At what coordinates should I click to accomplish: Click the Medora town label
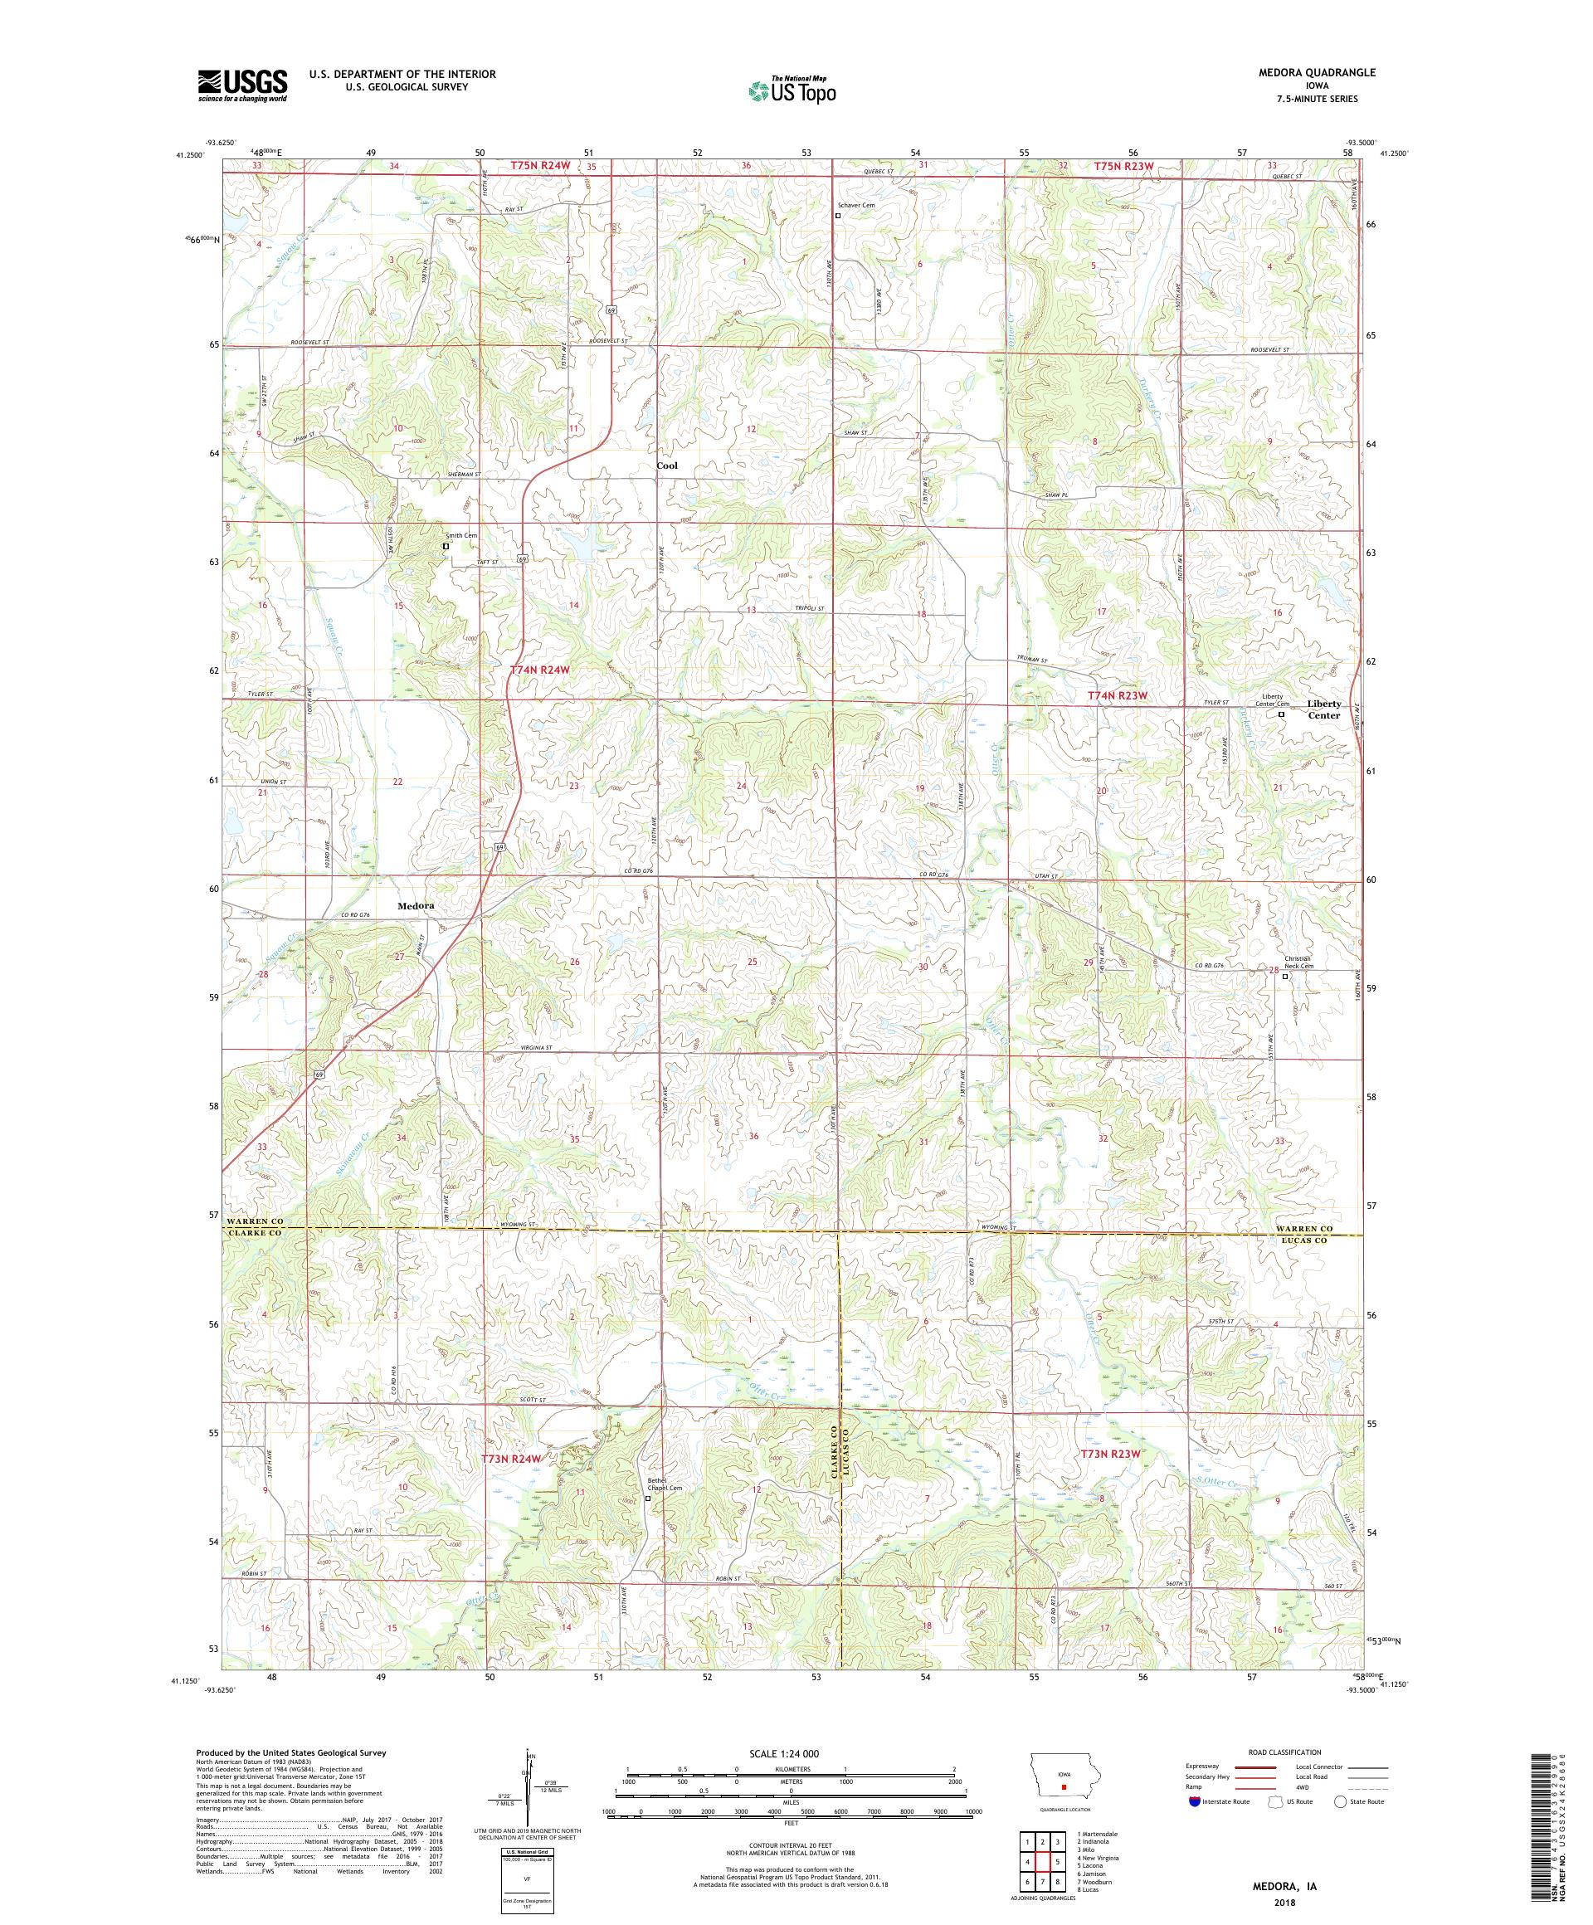coord(415,906)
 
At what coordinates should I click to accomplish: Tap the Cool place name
coord(667,465)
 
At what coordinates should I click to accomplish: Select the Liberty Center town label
coord(1323,709)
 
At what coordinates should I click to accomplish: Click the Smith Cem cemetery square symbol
coord(446,546)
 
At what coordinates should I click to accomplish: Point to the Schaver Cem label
coord(855,205)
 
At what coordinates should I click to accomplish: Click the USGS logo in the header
coord(242,85)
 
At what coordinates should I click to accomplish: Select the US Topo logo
coord(792,90)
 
